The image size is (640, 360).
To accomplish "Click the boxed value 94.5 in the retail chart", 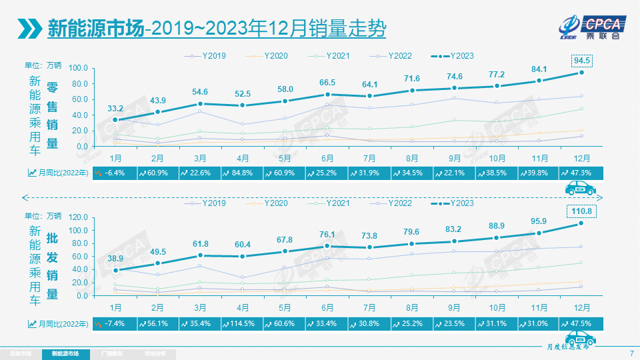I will [581, 60].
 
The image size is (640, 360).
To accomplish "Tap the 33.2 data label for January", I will [115, 108].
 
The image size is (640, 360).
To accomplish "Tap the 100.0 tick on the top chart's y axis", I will [78, 68].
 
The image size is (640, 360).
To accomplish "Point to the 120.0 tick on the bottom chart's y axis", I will [78, 217].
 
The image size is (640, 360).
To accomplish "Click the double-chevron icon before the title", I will [29, 29].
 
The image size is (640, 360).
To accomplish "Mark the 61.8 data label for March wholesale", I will [201, 245].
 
